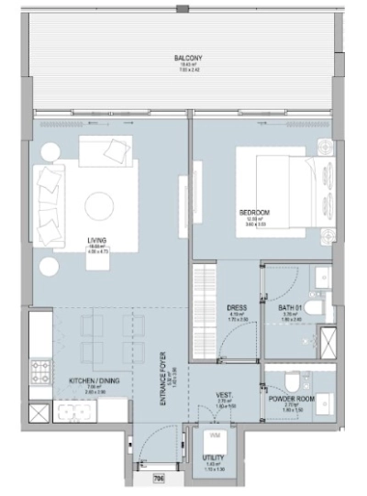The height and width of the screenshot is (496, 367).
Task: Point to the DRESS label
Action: [x=233, y=308]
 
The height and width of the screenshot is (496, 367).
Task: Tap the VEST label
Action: [x=223, y=395]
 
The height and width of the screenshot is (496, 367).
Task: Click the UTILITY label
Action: [x=215, y=461]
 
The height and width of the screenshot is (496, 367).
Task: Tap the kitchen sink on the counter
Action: [x=41, y=412]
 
